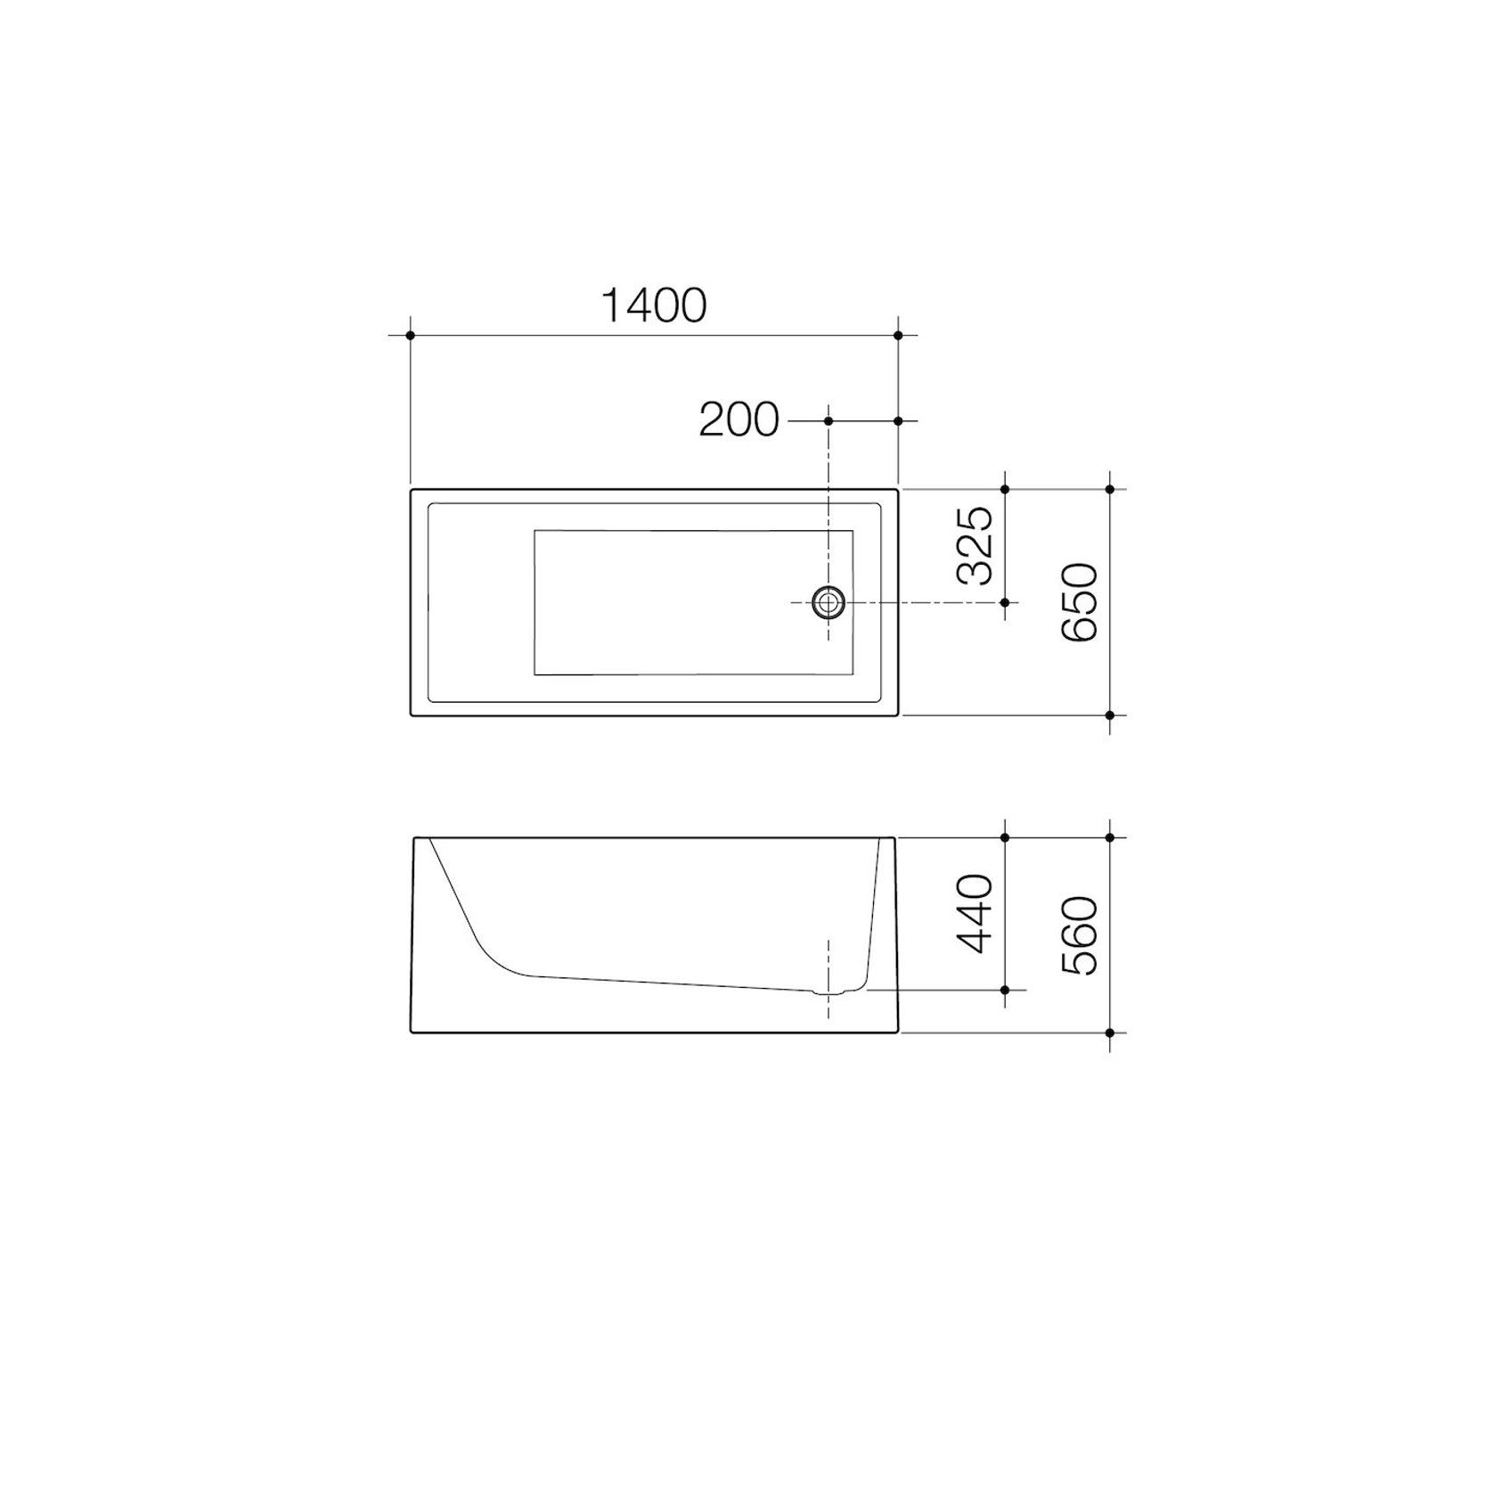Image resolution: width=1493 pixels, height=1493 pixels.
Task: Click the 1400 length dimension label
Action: coord(654,306)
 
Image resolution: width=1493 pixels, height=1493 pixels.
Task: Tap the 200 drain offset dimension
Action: coord(738,420)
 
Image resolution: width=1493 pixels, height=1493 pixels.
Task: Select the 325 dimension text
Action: coord(975,545)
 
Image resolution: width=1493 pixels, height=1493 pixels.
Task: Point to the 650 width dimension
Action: coord(1081,602)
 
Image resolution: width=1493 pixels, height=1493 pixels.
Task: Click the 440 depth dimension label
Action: coord(975,913)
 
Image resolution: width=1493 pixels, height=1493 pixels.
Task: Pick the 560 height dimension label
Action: coord(1081,935)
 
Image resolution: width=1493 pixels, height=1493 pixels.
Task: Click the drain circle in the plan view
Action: coord(828,603)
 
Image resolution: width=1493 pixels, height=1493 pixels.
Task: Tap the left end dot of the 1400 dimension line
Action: coord(410,336)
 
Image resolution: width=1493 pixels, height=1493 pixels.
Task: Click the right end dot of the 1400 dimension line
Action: coord(898,336)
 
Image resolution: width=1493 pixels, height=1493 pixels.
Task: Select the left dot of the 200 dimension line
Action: coord(828,420)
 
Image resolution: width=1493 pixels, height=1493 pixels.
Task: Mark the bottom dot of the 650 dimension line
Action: coord(1110,715)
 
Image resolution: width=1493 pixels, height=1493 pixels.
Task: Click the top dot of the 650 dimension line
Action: coord(1110,489)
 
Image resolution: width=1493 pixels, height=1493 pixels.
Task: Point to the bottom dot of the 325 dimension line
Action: coord(1005,603)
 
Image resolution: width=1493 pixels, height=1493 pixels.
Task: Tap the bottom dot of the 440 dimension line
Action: coord(1005,990)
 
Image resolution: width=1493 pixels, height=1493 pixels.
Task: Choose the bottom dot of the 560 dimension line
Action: coord(1110,1033)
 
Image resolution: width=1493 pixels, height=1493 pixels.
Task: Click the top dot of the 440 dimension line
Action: coord(1005,837)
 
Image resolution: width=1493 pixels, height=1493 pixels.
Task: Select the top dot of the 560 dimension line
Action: coord(1110,837)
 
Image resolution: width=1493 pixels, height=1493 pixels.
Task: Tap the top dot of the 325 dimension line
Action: coord(1005,489)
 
